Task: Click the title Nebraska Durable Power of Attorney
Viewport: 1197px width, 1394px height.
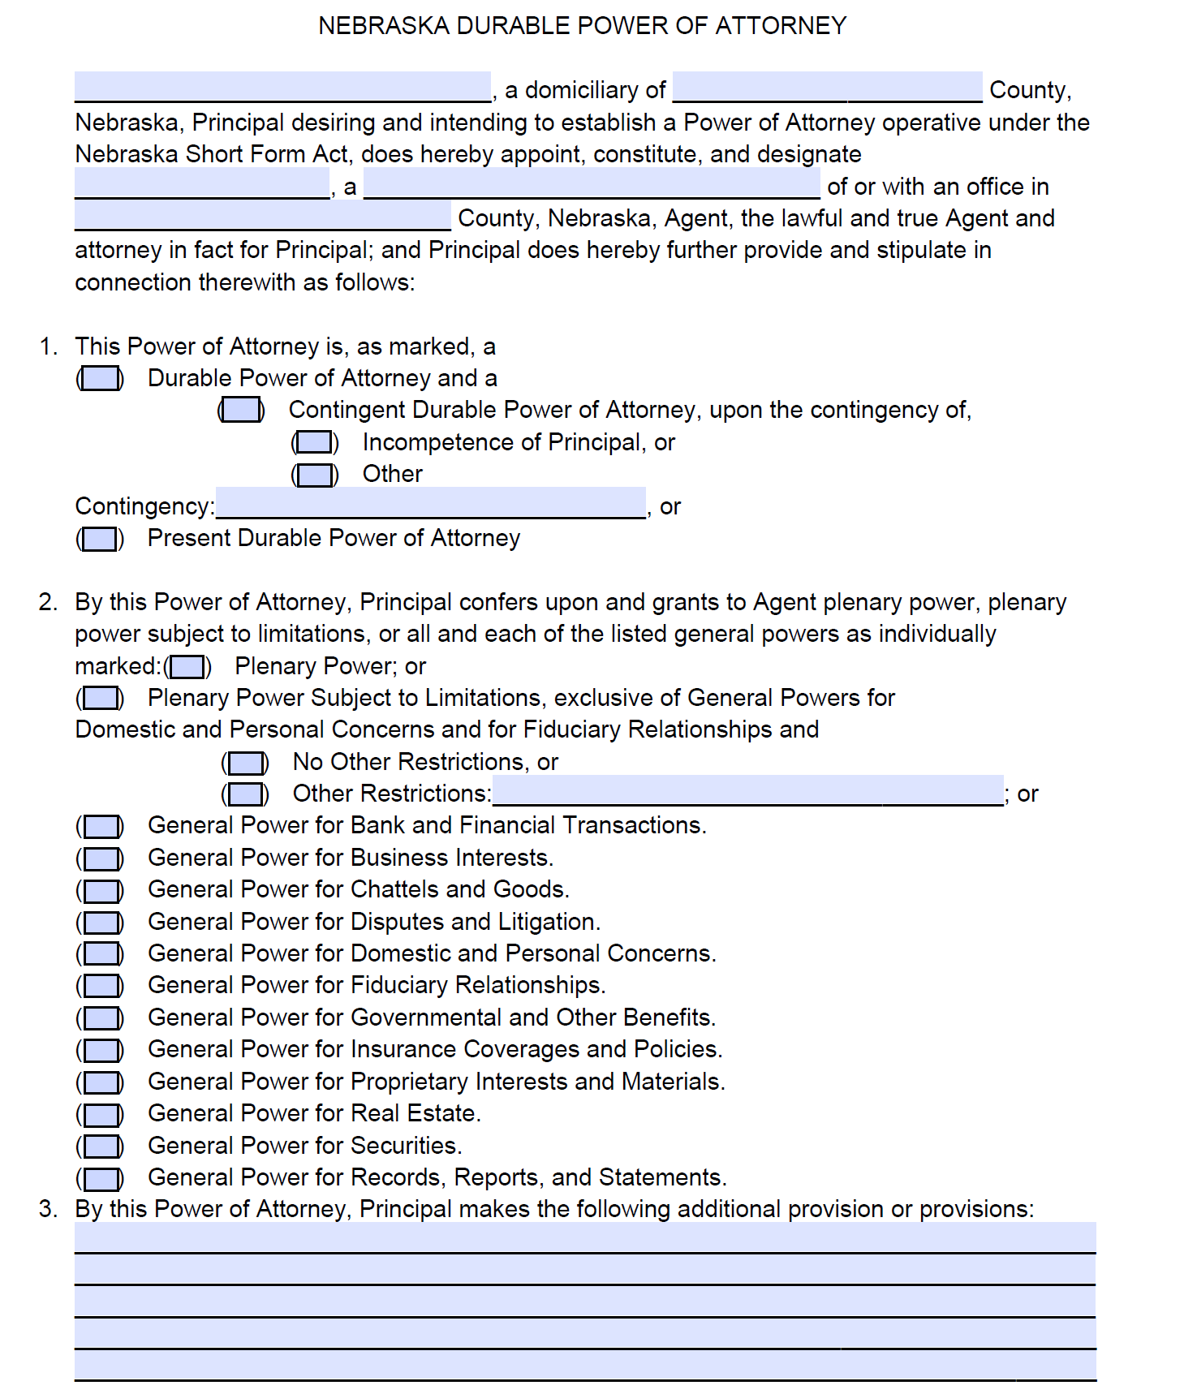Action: (x=582, y=26)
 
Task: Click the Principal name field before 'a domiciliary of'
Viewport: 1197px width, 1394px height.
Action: (x=282, y=87)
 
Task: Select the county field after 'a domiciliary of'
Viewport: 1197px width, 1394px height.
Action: (x=827, y=87)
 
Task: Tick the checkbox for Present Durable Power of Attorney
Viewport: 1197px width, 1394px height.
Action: (x=101, y=540)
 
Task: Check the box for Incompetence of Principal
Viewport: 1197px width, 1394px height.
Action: (x=315, y=443)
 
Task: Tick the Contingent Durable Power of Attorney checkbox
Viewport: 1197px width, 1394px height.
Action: (x=241, y=411)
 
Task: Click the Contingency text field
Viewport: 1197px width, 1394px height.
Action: (x=430, y=503)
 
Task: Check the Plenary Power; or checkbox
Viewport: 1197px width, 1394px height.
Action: (x=187, y=667)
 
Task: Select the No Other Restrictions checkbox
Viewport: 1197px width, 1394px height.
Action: (x=245, y=763)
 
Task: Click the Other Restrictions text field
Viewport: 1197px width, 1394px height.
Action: (x=747, y=790)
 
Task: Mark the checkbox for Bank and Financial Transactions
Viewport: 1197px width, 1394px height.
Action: (x=101, y=827)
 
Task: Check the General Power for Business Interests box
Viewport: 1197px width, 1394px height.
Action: (x=101, y=858)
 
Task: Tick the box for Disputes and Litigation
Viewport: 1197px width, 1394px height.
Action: (x=101, y=923)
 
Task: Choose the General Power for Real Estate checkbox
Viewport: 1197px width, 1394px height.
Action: (x=101, y=1115)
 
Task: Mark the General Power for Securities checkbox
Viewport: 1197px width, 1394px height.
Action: (x=101, y=1147)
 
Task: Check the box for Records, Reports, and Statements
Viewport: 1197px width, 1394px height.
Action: (x=101, y=1178)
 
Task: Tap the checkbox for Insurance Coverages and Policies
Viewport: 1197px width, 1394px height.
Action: (x=101, y=1051)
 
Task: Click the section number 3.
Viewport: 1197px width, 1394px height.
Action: (x=48, y=1209)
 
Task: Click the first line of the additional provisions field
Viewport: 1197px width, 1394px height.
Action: (x=584, y=1238)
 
